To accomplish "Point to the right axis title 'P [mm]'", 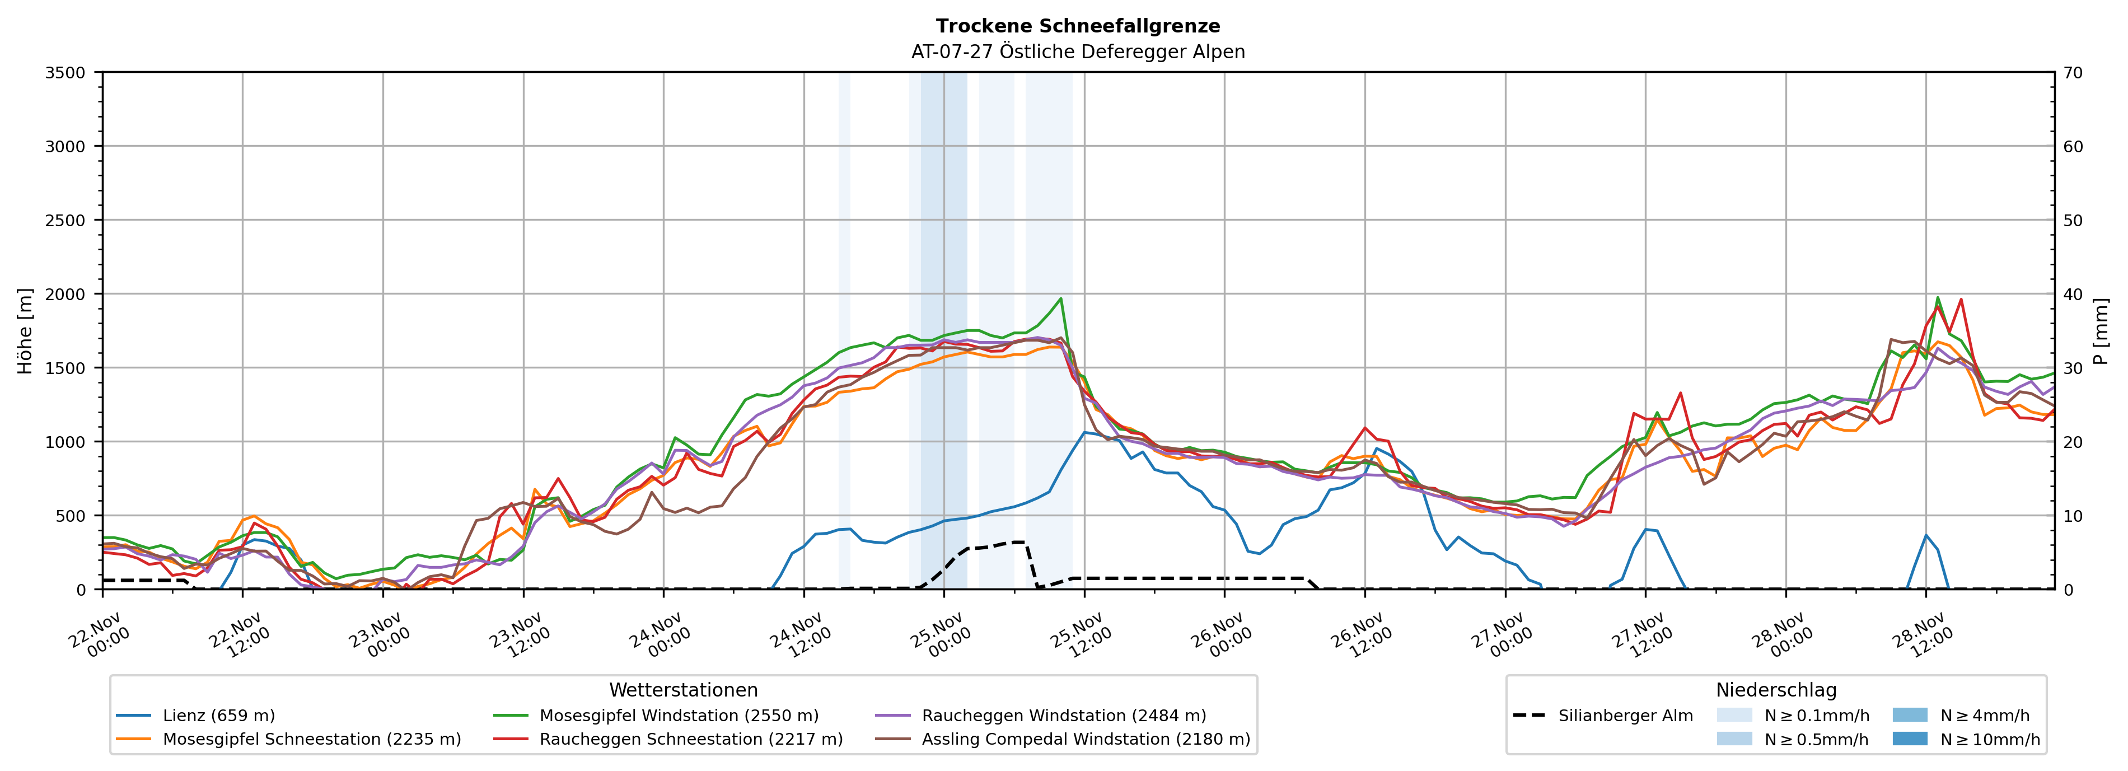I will click(x=2101, y=330).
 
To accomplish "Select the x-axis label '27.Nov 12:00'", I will click(x=1642, y=634).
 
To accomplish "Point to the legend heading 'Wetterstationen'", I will click(x=683, y=690).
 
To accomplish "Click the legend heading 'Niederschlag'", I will click(x=1776, y=690).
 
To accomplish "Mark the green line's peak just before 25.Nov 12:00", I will click(x=1061, y=298).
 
